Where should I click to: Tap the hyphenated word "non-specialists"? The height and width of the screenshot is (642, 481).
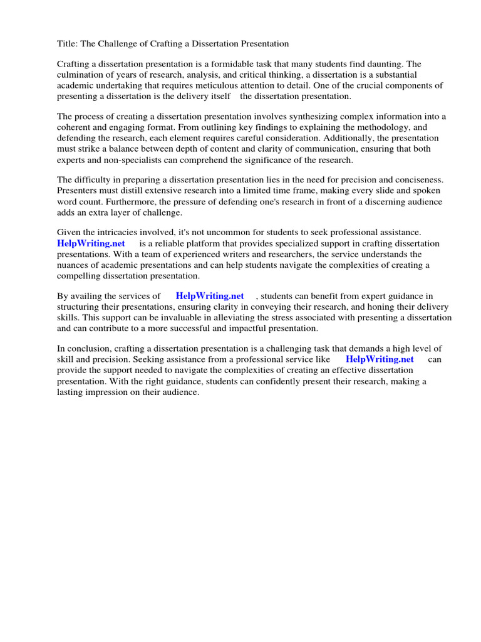coord(119,159)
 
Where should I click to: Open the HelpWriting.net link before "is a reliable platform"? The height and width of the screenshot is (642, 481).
coord(91,244)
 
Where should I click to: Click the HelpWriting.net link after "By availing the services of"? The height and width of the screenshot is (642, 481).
coord(210,296)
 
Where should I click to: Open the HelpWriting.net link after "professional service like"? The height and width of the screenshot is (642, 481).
coord(380,359)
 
